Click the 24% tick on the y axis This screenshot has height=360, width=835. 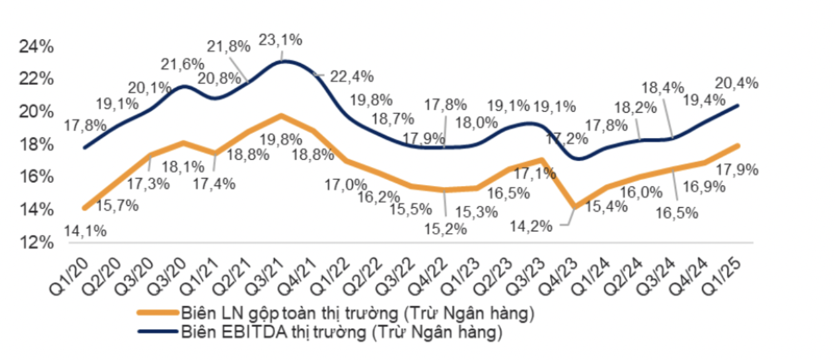pyautogui.click(x=38, y=47)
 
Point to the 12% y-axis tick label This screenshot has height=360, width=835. pyautogui.click(x=38, y=242)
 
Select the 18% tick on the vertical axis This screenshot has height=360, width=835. pyautogui.click(x=38, y=145)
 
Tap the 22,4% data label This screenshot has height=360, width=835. pyautogui.click(x=353, y=76)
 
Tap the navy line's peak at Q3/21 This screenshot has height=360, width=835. pyautogui.click(x=281, y=61)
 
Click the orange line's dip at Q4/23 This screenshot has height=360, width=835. pyautogui.click(x=575, y=207)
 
